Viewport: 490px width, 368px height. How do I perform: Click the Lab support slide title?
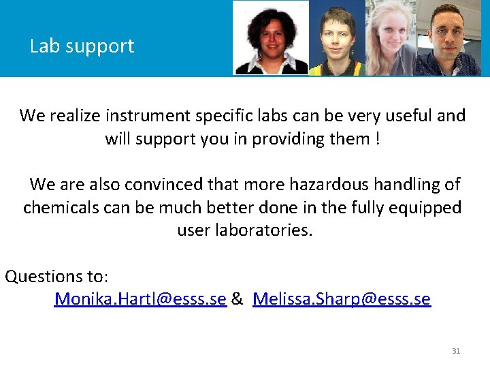pyautogui.click(x=82, y=46)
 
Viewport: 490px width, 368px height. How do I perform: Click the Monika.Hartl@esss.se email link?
pyautogui.click(x=140, y=298)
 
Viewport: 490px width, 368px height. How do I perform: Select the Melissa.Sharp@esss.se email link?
pyautogui.click(x=341, y=298)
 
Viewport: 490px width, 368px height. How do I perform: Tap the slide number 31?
pyautogui.click(x=456, y=351)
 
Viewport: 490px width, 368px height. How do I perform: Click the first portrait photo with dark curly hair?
pyautogui.click(x=271, y=37)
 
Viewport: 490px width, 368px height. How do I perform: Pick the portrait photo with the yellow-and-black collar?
pyautogui.click(x=337, y=39)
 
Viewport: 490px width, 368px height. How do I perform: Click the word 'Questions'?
pyautogui.click(x=44, y=276)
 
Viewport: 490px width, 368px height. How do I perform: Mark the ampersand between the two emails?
pyautogui.click(x=238, y=298)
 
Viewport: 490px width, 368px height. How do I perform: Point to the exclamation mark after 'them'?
pyautogui.click(x=376, y=138)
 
